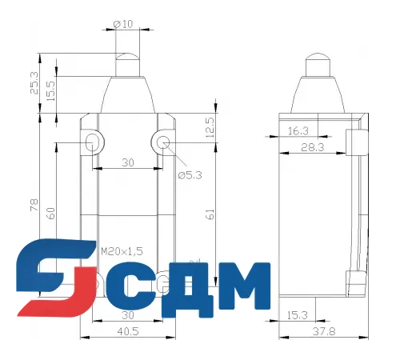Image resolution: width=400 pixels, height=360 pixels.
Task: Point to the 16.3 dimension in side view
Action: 297,130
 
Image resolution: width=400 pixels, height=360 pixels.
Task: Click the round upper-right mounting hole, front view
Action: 164,143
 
